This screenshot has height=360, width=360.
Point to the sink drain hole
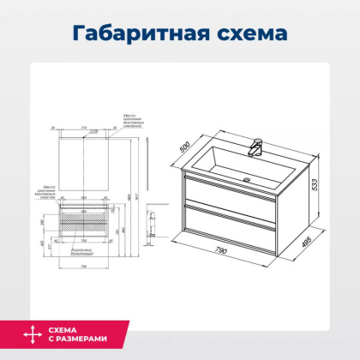[x=248, y=180]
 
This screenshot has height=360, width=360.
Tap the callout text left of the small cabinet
[x=49, y=192]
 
